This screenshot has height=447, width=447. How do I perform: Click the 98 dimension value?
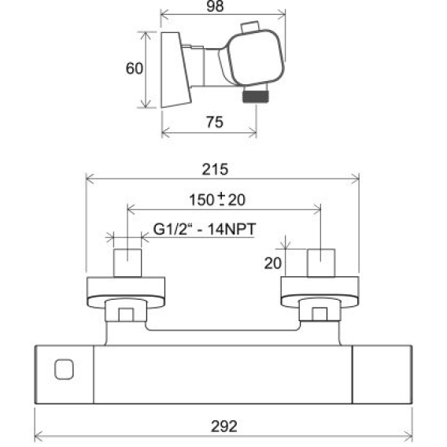pos(215,6)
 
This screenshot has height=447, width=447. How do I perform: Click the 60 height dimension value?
pos(135,68)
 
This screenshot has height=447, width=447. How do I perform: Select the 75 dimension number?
pos(215,122)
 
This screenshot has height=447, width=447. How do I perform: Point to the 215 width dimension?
pos(215,169)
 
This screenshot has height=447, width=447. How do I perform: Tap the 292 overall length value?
pos(224,427)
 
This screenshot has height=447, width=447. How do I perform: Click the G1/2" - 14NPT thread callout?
pos(205,229)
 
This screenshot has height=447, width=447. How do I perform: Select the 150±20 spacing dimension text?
pos(217,199)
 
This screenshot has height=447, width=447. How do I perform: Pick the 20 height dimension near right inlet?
pos(273,263)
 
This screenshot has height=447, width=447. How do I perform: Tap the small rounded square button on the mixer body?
pos(64,369)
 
